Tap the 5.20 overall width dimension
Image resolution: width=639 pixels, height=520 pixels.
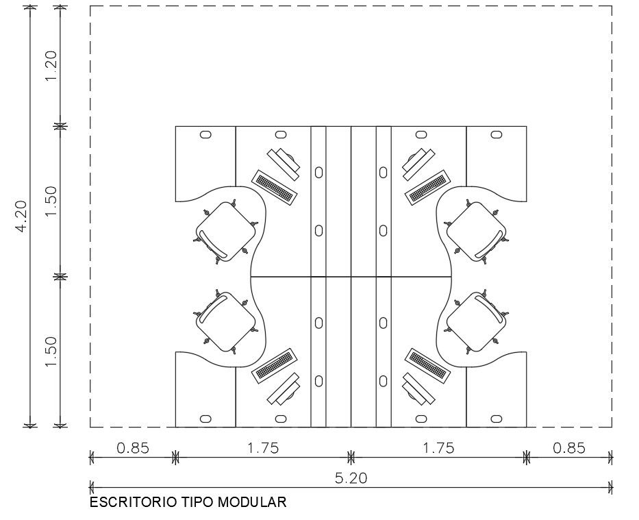(351, 478)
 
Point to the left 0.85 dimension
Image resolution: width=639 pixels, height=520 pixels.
(133, 448)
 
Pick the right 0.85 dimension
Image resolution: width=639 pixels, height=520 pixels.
(569, 448)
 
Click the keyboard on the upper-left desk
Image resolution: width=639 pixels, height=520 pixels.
(275, 186)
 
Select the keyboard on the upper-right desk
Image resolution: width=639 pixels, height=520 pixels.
(427, 186)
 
